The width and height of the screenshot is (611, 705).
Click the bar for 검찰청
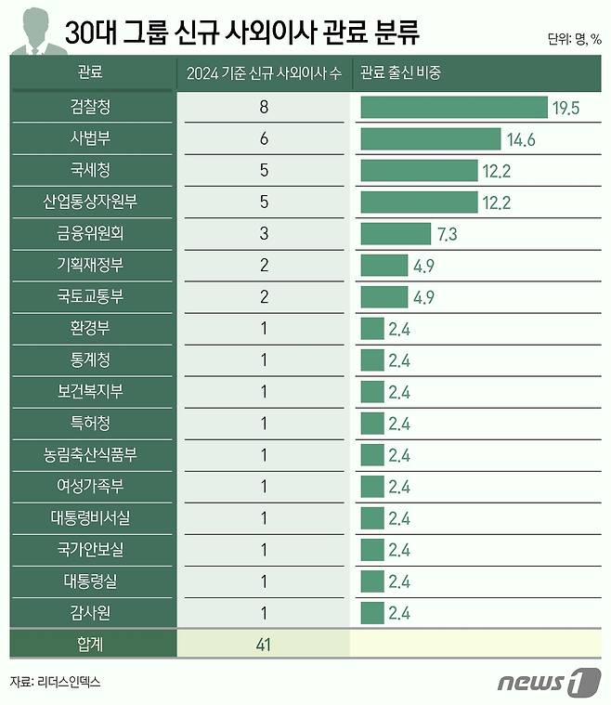[453, 108]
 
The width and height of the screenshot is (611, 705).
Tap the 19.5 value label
[565, 108]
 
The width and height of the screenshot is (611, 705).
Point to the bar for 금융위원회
[396, 233]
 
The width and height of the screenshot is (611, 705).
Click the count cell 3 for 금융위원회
[265, 233]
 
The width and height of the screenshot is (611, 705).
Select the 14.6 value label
[522, 139]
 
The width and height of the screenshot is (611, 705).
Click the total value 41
[265, 644]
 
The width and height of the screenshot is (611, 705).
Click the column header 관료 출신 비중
[399, 72]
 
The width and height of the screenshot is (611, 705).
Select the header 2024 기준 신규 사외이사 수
[265, 72]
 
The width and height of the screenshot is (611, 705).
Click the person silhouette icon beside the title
[33, 30]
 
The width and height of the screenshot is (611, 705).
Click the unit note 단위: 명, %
[574, 40]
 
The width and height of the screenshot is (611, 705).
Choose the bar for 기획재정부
[383, 266]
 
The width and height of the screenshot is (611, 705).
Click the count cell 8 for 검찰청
[265, 108]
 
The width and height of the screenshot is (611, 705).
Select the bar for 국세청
[418, 171]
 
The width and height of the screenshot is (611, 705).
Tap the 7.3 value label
[447, 233]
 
